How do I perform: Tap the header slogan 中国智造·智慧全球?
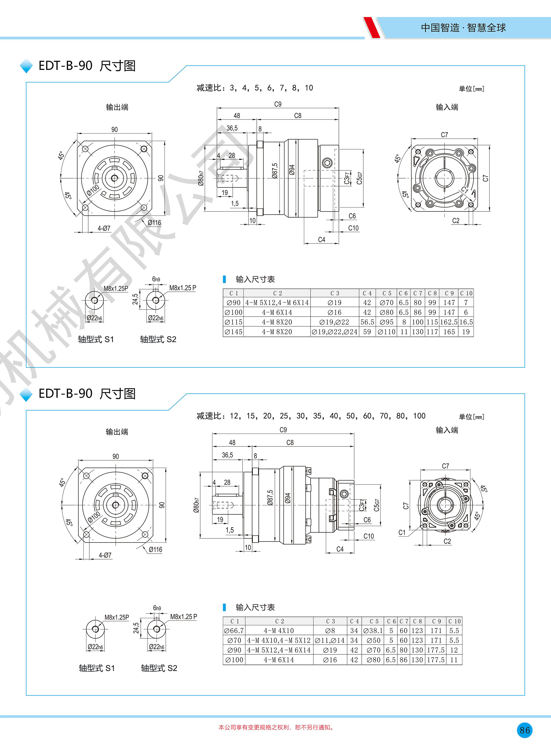463,28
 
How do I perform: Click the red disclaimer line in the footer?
276,727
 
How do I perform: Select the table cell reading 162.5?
449,322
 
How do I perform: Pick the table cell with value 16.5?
466,322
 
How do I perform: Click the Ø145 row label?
234,332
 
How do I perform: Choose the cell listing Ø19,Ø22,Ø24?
335,332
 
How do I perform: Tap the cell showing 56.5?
367,322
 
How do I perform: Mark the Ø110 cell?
387,332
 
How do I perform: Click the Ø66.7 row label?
234,631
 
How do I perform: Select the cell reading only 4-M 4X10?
279,631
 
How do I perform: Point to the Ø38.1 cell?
373,631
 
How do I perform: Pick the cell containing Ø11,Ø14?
330,640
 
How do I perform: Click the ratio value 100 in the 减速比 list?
419,416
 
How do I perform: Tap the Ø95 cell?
387,322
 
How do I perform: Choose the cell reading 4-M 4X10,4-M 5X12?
279,640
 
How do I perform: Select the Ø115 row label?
234,322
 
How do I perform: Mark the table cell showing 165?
449,332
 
